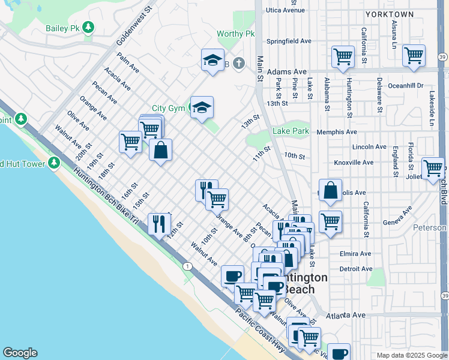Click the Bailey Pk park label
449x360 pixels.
62,28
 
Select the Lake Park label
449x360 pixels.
291,131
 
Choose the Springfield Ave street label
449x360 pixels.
289,41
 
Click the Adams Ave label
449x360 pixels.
286,71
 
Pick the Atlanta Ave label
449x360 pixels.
346,315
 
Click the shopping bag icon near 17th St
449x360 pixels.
161,151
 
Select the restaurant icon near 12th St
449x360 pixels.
158,224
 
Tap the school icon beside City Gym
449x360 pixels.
202,108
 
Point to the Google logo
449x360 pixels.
20,353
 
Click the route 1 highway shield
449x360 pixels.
188,266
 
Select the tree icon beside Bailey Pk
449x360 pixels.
89,28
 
